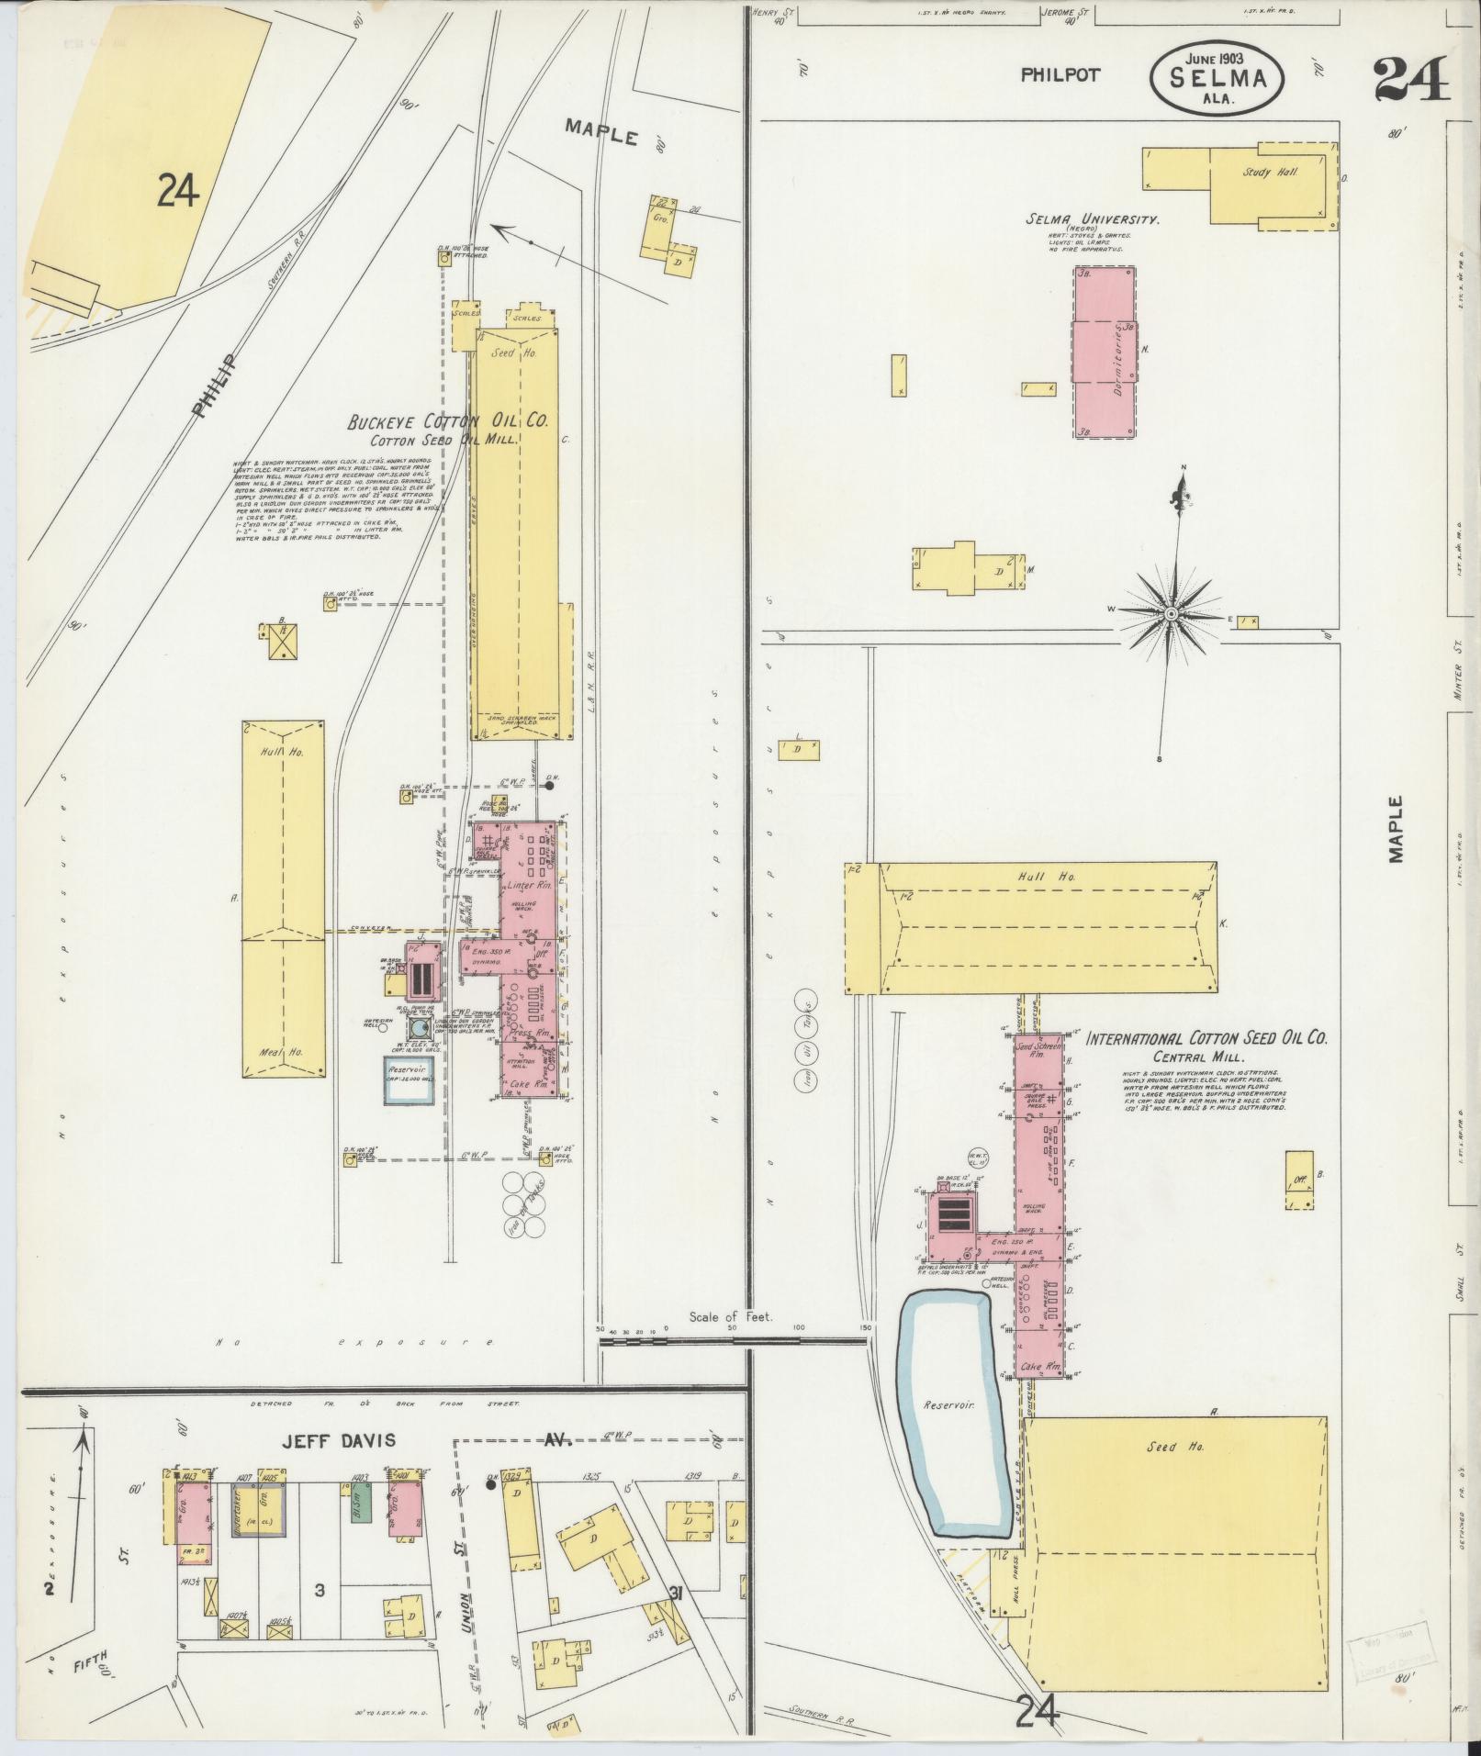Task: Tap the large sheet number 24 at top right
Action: [x=1412, y=79]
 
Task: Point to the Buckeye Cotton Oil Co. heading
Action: [x=448, y=421]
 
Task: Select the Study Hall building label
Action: [x=1270, y=173]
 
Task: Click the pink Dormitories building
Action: [x=1105, y=352]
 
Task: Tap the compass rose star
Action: [x=1172, y=612]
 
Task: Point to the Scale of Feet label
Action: [x=731, y=1315]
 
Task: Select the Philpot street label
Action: [x=1060, y=75]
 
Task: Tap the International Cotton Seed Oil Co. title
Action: [x=1207, y=1040]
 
